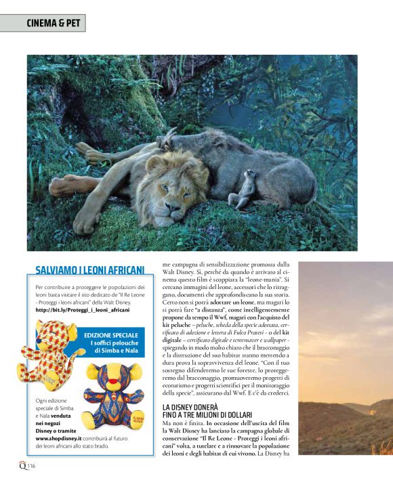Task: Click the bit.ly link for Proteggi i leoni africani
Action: pos(81,309)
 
